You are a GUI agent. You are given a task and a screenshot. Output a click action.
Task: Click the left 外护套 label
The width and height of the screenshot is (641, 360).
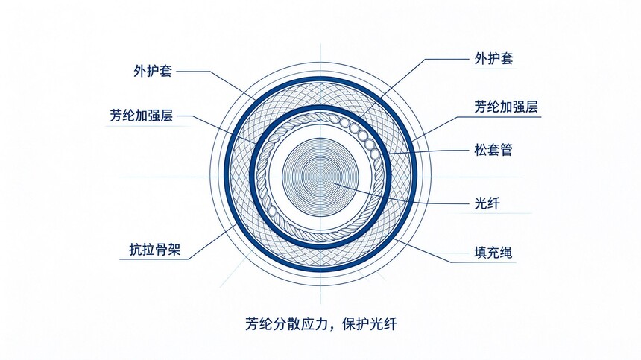(153, 71)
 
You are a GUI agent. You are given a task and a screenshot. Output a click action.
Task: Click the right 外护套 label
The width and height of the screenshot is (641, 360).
(493, 58)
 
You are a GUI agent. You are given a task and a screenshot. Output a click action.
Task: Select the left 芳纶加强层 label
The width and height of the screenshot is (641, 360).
(142, 116)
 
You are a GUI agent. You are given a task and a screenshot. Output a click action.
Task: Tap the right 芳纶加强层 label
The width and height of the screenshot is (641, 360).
(506, 107)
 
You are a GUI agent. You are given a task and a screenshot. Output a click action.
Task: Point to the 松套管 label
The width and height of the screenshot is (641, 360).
(493, 150)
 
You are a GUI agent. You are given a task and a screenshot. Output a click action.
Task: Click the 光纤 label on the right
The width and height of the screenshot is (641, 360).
(487, 203)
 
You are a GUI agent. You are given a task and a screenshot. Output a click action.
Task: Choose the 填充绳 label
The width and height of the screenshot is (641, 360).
(493, 252)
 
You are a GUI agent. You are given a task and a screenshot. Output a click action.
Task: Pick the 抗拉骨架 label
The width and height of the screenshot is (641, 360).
(155, 249)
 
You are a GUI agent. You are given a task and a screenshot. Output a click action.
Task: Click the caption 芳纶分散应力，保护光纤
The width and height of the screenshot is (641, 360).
(321, 324)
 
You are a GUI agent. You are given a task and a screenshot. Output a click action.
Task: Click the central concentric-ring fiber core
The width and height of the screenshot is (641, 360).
(320, 177)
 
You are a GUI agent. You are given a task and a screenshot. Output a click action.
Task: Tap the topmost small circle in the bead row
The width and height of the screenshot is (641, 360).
(345, 122)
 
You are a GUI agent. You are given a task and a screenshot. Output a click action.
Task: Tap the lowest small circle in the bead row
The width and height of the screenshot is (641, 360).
(374, 154)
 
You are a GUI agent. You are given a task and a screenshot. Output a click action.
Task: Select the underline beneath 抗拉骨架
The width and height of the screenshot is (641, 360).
(155, 259)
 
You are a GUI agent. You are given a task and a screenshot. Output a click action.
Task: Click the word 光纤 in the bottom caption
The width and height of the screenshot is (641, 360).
(384, 324)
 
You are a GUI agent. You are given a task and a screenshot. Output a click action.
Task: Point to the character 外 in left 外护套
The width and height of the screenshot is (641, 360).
(140, 71)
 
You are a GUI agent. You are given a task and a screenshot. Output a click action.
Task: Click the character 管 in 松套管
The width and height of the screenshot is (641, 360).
(507, 150)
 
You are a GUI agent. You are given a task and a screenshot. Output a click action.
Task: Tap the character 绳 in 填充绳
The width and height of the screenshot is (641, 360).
(507, 252)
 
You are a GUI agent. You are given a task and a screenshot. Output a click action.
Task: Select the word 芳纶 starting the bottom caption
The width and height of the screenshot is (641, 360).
(258, 324)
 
